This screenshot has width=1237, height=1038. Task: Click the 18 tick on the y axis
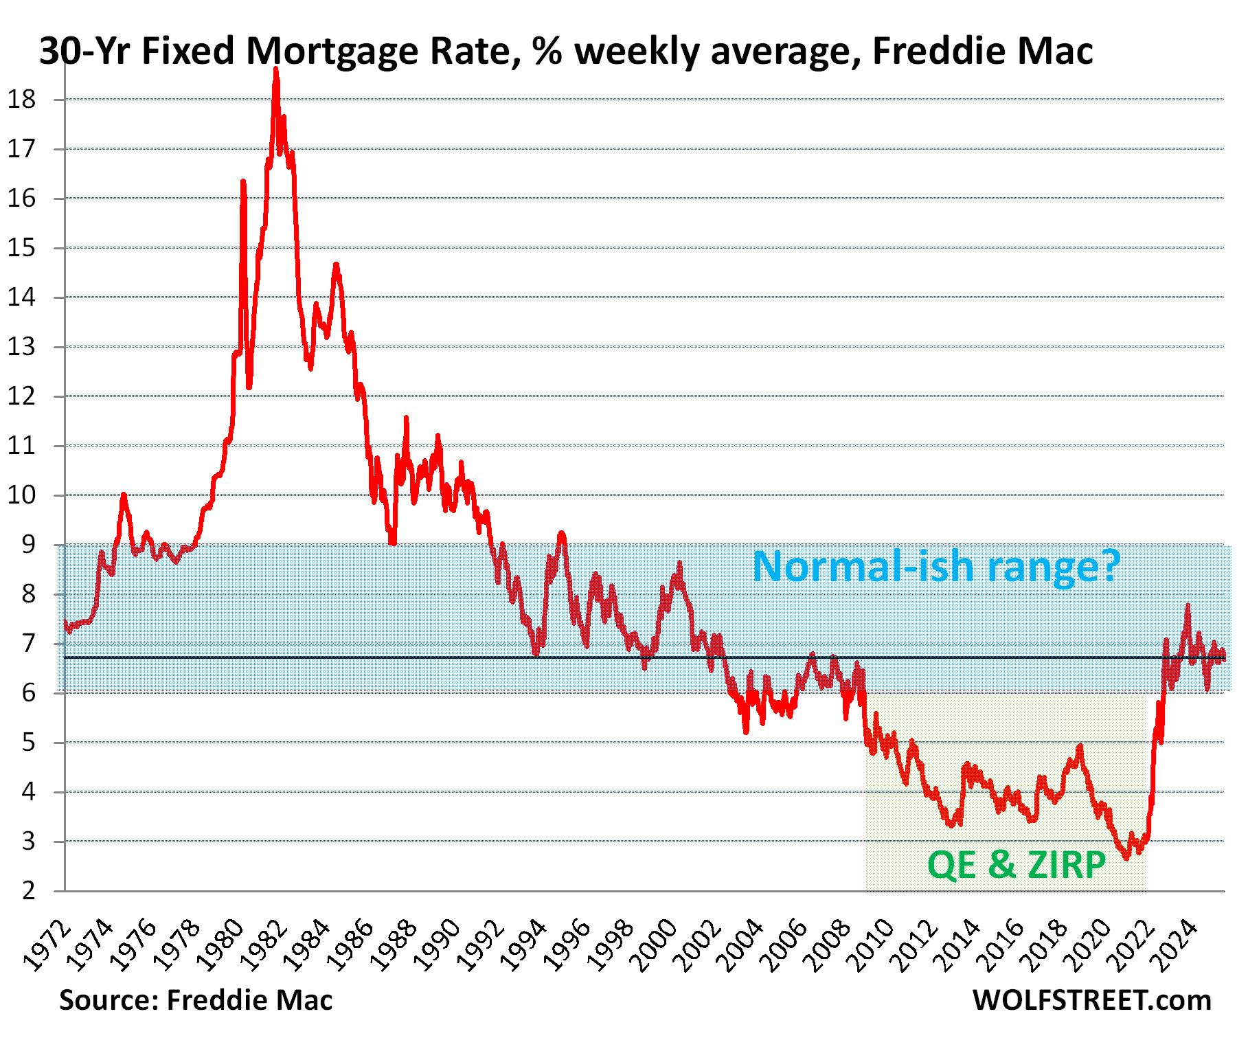click(x=21, y=100)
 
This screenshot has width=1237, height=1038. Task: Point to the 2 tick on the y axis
click(x=28, y=891)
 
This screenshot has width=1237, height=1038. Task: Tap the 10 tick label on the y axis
click(x=21, y=495)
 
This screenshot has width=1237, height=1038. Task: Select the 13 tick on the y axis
click(x=21, y=347)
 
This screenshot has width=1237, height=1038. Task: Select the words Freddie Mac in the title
click(x=983, y=51)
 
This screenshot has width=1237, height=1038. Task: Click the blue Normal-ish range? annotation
click(x=936, y=567)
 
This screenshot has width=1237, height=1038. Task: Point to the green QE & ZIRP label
click(x=1017, y=864)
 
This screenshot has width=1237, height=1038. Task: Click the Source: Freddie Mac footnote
click(x=196, y=1000)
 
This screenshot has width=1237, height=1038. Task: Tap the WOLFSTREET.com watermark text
click(x=1092, y=1000)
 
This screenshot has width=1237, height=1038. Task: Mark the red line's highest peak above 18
click(x=276, y=69)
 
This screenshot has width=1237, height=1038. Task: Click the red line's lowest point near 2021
click(x=1126, y=858)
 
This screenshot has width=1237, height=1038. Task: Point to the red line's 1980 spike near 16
click(x=243, y=182)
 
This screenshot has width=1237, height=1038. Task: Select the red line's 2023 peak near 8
click(x=1188, y=605)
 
